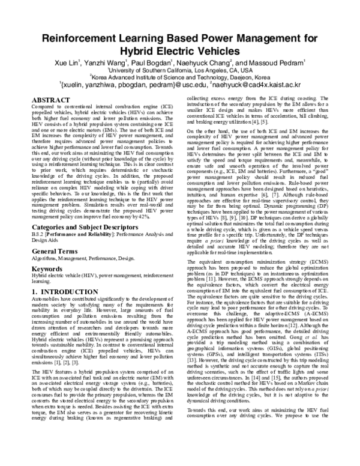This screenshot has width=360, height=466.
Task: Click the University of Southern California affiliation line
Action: [x=181, y=70]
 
